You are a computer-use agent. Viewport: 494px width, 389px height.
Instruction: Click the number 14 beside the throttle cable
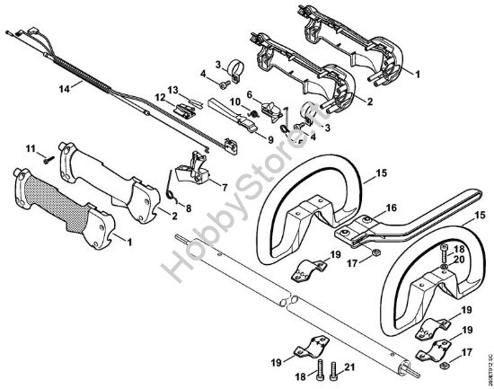pyautogui.click(x=63, y=88)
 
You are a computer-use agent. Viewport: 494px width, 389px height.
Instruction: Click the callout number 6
pyautogui.click(x=248, y=94)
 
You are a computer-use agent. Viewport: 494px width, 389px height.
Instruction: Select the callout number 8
pyautogui.click(x=188, y=208)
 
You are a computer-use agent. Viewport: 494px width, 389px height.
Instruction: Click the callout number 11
pyautogui.click(x=30, y=147)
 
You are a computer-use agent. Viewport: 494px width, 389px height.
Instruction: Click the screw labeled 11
pyautogui.click(x=46, y=155)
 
